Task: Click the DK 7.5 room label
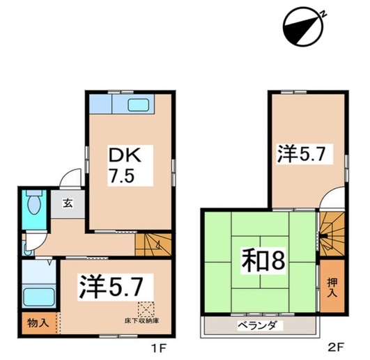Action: click(x=124, y=165)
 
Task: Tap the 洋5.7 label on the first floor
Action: click(x=111, y=287)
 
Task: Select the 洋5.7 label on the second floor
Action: click(x=301, y=154)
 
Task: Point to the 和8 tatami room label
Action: click(x=263, y=260)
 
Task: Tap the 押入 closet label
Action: click(x=332, y=288)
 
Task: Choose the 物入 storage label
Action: click(x=38, y=322)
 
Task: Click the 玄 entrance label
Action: click(x=68, y=203)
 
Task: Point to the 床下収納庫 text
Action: click(x=141, y=320)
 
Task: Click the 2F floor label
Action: click(x=336, y=347)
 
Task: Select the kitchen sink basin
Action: click(x=139, y=105)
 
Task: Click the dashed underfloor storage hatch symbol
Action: click(x=146, y=309)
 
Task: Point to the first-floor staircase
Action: click(x=153, y=244)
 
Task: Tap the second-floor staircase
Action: click(x=332, y=234)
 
